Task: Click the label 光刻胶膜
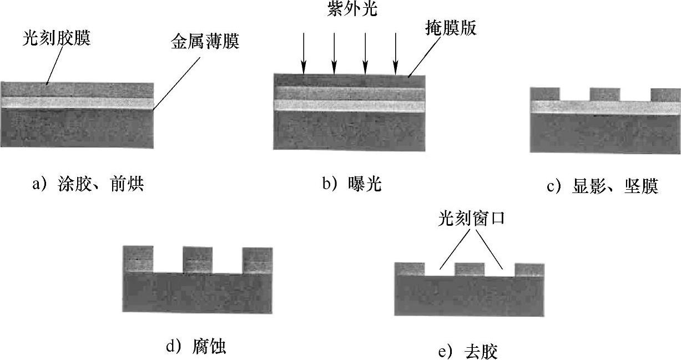click(57, 39)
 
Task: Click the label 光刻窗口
click(471, 219)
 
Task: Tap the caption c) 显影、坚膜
click(602, 187)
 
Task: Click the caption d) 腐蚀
click(196, 347)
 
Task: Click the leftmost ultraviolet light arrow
click(304, 53)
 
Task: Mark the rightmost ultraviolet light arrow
click(395, 53)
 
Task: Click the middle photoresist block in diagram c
click(604, 94)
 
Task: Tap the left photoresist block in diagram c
click(545, 94)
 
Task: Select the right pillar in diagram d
click(257, 260)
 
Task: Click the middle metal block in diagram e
click(470, 270)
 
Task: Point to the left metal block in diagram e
click(410, 270)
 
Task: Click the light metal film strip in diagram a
click(77, 103)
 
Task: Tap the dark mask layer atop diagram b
click(350, 80)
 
